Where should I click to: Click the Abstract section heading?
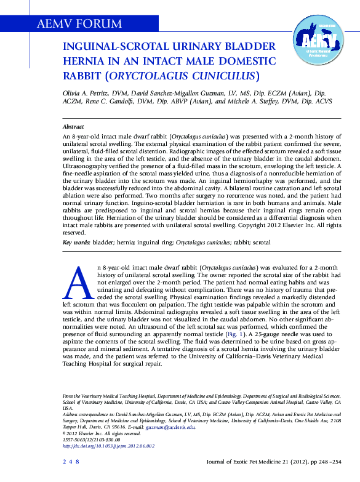pos(74,125)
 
